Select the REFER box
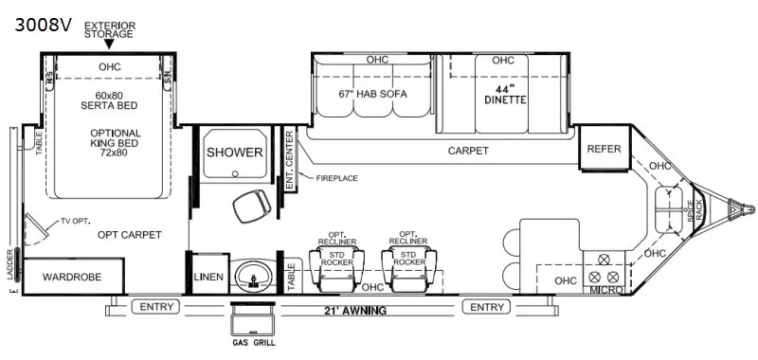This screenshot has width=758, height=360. point(604,150)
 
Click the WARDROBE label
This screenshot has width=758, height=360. point(75,277)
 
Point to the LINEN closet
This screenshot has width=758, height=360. point(207,277)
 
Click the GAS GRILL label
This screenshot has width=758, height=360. point(252,342)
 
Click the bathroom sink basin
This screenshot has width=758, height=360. point(252,276)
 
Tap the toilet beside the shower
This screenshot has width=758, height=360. point(248,204)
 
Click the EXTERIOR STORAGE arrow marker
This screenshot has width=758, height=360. point(109,44)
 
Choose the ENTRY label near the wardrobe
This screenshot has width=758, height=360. point(157,306)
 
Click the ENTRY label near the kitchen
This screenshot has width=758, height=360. point(487,306)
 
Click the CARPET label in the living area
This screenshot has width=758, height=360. point(468,151)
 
